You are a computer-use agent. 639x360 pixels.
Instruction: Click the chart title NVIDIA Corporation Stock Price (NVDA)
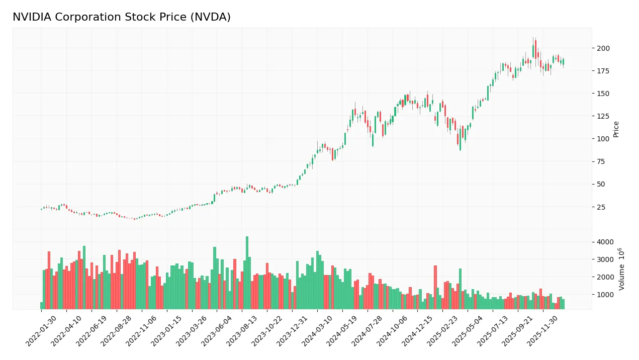click(122, 17)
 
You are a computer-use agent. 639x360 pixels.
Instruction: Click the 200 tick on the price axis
click(603, 48)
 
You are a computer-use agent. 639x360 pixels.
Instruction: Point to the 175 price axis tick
click(603, 71)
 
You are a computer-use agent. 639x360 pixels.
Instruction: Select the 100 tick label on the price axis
click(603, 139)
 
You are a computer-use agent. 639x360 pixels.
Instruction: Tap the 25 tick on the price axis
click(601, 207)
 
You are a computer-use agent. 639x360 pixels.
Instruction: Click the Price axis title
click(616, 129)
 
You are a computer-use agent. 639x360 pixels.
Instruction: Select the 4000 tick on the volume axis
click(605, 242)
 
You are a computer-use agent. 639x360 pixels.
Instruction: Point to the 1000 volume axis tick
click(605, 295)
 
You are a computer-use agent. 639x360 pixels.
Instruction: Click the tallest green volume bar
click(247, 273)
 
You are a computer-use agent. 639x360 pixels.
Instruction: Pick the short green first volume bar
click(42, 305)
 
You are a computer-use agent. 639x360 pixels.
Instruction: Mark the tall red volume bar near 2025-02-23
click(435, 287)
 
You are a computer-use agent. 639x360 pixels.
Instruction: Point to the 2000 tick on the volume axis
click(605, 277)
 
